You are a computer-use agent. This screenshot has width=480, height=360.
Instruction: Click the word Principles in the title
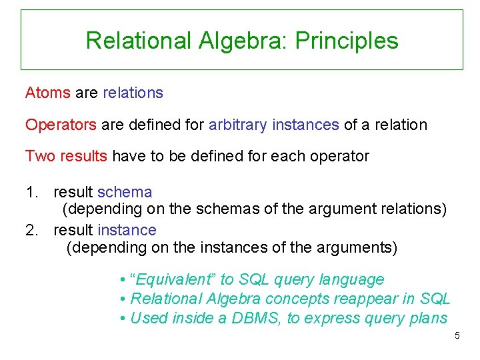tap(347, 41)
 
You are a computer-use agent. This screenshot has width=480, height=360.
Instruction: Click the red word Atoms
tap(47, 93)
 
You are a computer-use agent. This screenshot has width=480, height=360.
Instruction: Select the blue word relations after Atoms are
tap(133, 93)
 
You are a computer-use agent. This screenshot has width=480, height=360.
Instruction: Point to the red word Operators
tap(61, 125)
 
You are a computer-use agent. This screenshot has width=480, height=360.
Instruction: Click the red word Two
tap(39, 157)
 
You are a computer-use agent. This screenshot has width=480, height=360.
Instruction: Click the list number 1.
tap(31, 193)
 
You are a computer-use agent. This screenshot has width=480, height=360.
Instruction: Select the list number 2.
tap(31, 231)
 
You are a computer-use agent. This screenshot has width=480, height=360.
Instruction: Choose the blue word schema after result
tap(125, 193)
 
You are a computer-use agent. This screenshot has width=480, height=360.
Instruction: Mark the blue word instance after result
tap(127, 231)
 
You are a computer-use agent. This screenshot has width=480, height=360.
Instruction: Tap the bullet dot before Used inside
tap(123, 319)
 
